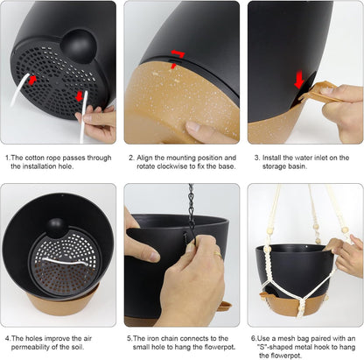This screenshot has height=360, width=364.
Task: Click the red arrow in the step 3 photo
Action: pos(299,79)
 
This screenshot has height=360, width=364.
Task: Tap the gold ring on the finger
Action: pos(218,254)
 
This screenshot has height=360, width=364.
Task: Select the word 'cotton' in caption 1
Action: pos(35,158)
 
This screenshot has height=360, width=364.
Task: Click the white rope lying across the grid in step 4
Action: pos(65,261)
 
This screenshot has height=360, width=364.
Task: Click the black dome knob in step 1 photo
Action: pos(79,46)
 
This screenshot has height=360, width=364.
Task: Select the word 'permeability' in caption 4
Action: pos(31,348)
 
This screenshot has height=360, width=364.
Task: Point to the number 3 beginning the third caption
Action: pos(256,158)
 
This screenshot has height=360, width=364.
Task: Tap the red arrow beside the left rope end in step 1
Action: pos(32,80)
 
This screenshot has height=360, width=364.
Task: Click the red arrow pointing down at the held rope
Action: pos(80,95)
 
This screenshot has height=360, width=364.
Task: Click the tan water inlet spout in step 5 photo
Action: pos(225,306)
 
